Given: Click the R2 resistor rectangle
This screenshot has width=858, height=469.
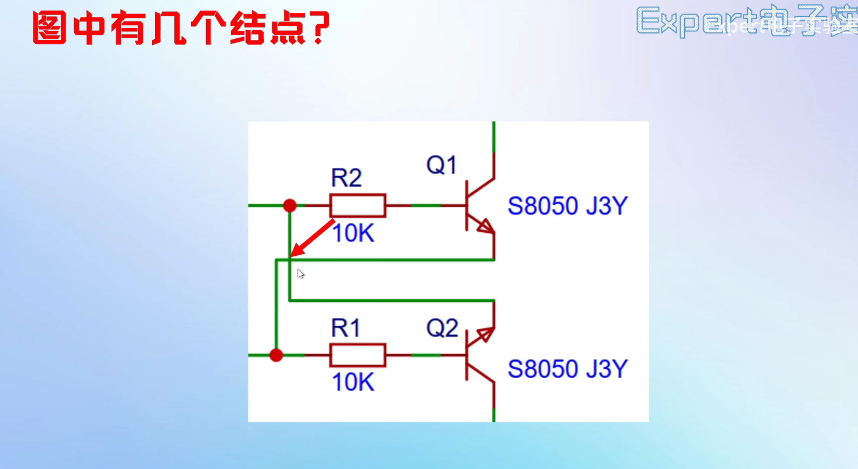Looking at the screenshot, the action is (357, 205).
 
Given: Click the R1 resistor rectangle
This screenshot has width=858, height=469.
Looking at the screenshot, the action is (357, 355).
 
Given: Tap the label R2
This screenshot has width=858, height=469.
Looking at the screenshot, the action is (346, 178).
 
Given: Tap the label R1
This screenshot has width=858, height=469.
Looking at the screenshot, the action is (346, 328).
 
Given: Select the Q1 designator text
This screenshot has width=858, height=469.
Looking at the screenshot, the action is (441, 165).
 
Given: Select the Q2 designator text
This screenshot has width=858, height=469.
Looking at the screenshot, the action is (442, 328).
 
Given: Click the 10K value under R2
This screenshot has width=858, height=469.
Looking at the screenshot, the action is (353, 233).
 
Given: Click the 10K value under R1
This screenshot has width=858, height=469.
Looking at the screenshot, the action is (353, 382).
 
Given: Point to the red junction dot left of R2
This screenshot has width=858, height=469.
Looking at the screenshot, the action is (290, 205).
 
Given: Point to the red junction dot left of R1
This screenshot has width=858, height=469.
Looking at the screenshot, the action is (276, 355).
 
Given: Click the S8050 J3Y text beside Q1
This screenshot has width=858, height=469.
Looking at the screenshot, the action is (568, 206).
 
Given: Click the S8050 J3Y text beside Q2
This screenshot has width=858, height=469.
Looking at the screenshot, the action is (568, 369).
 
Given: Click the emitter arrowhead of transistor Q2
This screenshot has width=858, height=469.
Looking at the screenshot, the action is (486, 334).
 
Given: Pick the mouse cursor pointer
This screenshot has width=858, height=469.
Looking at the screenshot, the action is (301, 274).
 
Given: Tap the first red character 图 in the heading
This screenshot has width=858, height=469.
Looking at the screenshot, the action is (50, 28).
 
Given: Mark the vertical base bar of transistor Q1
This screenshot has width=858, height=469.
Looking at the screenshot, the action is (467, 205).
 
